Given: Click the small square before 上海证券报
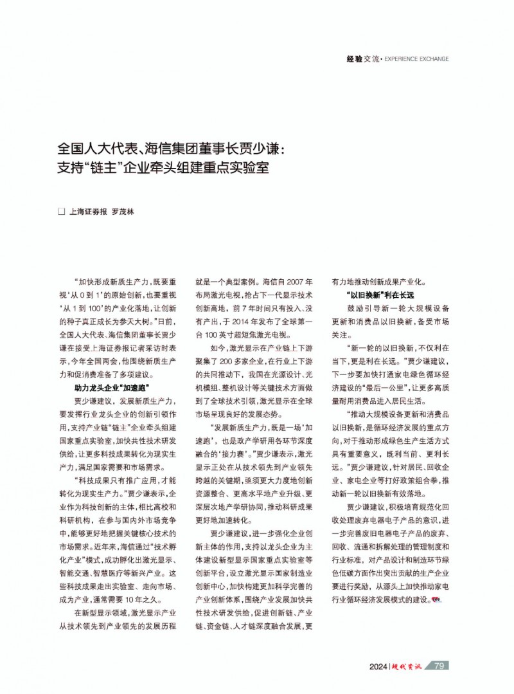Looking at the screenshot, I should click(x=62, y=211).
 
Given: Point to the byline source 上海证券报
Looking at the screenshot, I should click(x=88, y=211).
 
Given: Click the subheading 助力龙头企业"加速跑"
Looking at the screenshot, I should click(x=112, y=388).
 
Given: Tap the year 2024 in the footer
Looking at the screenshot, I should click(x=378, y=666).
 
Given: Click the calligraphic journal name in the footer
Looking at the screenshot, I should click(x=408, y=666).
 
